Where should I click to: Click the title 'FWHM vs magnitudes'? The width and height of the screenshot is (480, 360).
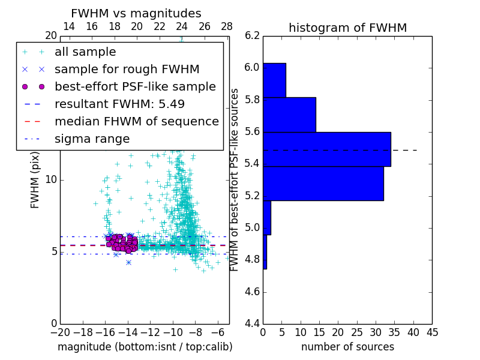coord(136,13)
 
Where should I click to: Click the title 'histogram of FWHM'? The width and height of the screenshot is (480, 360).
coord(347,28)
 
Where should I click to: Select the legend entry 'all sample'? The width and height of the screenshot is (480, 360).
coord(85,52)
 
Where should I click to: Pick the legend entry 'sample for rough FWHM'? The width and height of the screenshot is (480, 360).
coord(127,69)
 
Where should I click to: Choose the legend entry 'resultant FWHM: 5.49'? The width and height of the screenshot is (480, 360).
coord(119,104)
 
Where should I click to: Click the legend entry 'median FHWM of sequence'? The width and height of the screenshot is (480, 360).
coord(136,121)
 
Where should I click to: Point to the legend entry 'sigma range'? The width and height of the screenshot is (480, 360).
coord(92,139)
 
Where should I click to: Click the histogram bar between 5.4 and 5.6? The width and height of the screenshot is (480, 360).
coord(326,149)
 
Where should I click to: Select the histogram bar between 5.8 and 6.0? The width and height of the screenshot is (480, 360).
coord(274,80)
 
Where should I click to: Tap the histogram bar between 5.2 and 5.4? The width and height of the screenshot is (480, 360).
coord(323,183)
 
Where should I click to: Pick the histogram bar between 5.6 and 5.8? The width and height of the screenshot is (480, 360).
coord(289,115)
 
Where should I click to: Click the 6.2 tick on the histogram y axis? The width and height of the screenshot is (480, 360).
coord(253,35)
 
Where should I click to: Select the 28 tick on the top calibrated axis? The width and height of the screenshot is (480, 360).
coord(227,26)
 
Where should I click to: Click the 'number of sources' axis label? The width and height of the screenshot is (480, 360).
coord(347,347)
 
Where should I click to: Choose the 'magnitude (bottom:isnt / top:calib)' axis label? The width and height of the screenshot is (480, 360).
coord(145,347)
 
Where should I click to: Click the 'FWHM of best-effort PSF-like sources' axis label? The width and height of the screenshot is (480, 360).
coord(235,179)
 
